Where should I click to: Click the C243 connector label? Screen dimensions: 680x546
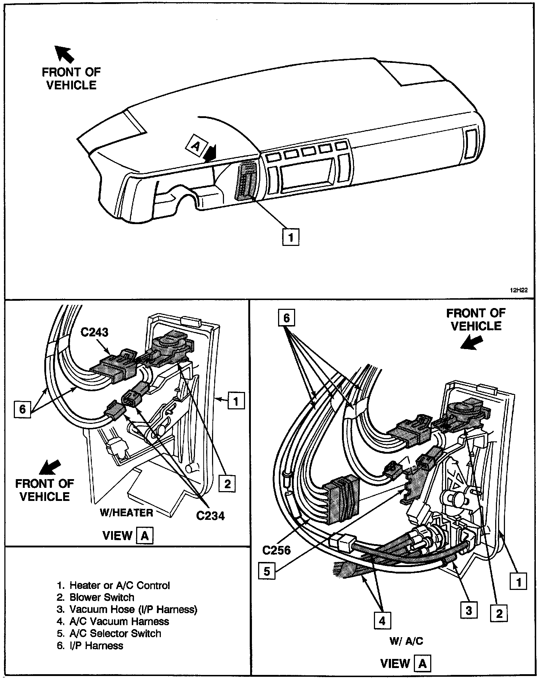[x=94, y=332]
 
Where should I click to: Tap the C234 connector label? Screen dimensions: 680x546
[x=210, y=515]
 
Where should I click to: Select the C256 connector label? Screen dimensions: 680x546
[x=277, y=550]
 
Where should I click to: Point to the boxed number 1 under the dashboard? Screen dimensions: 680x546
[x=290, y=237]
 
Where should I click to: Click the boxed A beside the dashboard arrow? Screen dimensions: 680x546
[x=195, y=146]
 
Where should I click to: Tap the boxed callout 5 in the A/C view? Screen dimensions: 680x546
[x=267, y=571]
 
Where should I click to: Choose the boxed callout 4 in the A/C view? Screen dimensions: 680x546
[x=382, y=620]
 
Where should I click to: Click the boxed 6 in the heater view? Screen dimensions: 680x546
[x=23, y=409]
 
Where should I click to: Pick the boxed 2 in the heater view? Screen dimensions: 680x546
[x=227, y=483]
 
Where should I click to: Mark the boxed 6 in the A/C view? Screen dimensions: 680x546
[x=286, y=318]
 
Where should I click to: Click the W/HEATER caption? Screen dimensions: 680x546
[x=126, y=513]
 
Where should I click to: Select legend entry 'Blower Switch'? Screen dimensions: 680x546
[x=102, y=598]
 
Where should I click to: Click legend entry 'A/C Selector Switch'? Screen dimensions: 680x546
[x=115, y=633]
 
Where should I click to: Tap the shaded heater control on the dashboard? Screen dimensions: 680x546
[x=246, y=181]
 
